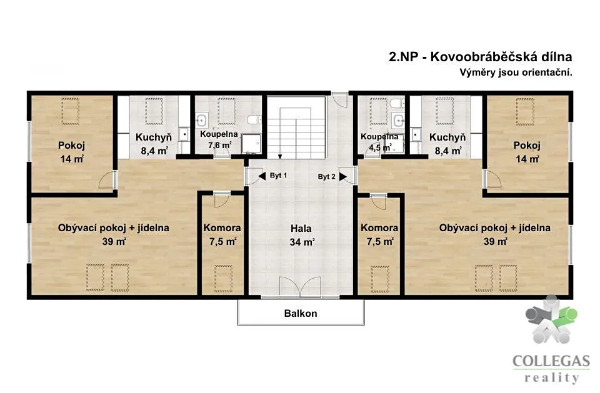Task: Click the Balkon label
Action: click(x=301, y=314)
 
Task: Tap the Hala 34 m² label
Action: click(x=301, y=235)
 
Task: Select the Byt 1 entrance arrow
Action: click(x=262, y=176)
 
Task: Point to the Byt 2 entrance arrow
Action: click(x=343, y=177)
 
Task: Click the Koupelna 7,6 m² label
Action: click(x=219, y=140)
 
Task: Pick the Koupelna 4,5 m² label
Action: click(x=379, y=142)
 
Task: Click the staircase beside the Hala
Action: click(x=296, y=128)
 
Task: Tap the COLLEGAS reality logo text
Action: click(x=551, y=369)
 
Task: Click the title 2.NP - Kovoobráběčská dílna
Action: click(x=480, y=57)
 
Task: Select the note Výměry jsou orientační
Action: click(x=516, y=72)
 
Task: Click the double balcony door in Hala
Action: click(x=300, y=286)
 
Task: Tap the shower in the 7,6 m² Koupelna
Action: click(x=251, y=144)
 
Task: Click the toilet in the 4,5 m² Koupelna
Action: click(x=397, y=103)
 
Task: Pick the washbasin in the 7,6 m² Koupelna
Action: click(x=201, y=120)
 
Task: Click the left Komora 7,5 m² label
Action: click(x=222, y=234)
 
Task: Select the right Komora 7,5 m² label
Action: click(x=379, y=234)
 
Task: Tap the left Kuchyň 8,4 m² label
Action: click(x=154, y=144)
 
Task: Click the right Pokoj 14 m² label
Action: click(x=527, y=152)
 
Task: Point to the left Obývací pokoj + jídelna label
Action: click(x=114, y=234)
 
